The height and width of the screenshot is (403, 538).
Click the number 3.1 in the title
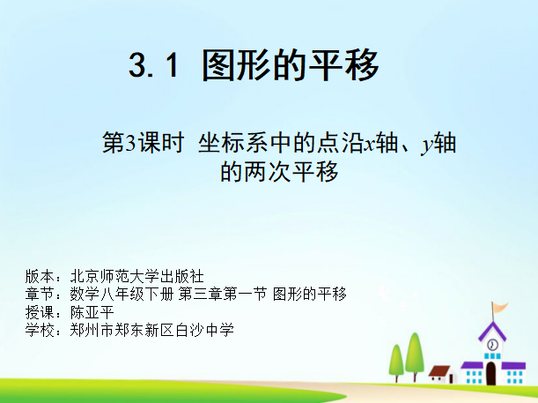[154, 65]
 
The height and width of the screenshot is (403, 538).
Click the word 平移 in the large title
[344, 65]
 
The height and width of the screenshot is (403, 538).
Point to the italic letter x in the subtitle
[370, 145]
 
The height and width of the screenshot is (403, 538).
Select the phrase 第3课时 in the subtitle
[143, 143]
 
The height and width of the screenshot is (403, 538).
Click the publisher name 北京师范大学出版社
[136, 276]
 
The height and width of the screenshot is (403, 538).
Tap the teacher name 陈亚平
[92, 312]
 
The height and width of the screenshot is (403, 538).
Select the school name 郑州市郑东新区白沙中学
[152, 330]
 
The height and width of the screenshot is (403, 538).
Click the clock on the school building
[492, 344]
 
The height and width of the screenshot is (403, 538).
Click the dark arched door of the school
[491, 373]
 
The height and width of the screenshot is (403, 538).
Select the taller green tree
[415, 355]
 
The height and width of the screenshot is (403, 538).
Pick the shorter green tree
[396, 362]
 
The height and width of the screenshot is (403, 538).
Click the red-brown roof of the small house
[439, 370]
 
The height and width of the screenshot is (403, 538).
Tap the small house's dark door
[452, 378]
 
